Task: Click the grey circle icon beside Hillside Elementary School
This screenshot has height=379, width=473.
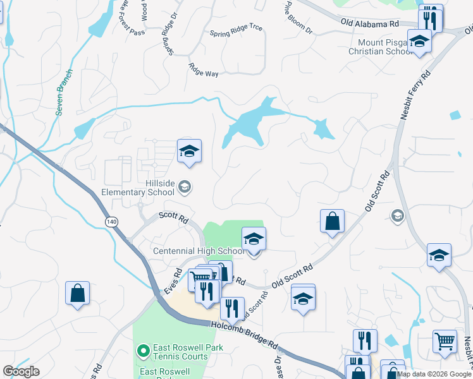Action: click(185, 186)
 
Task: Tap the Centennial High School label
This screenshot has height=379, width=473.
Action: click(199, 251)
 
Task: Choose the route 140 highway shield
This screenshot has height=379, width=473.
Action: click(112, 222)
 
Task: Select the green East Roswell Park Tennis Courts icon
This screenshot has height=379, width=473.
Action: click(144, 349)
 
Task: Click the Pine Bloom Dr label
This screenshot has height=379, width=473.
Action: click(298, 20)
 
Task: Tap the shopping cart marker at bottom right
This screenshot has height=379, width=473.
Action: click(445, 341)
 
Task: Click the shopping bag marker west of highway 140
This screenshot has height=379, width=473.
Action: click(77, 293)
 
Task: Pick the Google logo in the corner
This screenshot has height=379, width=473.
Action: click(21, 371)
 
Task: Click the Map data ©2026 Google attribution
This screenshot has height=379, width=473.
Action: click(434, 374)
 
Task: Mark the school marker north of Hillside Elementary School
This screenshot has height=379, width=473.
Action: click(188, 152)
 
